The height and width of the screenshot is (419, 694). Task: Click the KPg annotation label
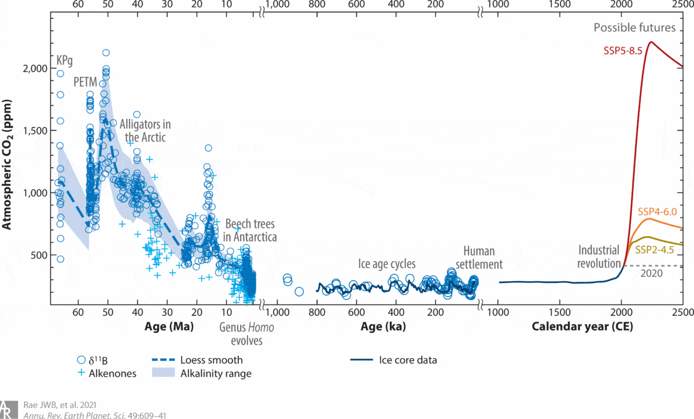click(64, 60)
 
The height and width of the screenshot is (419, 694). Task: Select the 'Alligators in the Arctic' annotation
click(146, 131)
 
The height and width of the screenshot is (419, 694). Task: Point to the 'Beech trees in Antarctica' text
click(251, 230)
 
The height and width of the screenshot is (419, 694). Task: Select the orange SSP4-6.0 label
click(657, 211)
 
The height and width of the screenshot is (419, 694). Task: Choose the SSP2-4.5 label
click(656, 250)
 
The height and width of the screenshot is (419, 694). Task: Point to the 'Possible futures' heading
click(634, 28)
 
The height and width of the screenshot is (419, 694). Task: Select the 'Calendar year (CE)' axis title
click(582, 327)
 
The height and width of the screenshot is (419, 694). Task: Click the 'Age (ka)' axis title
click(383, 327)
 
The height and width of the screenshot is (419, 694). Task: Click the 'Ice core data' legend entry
click(408, 360)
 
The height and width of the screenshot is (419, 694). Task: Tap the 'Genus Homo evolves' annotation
click(246, 334)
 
